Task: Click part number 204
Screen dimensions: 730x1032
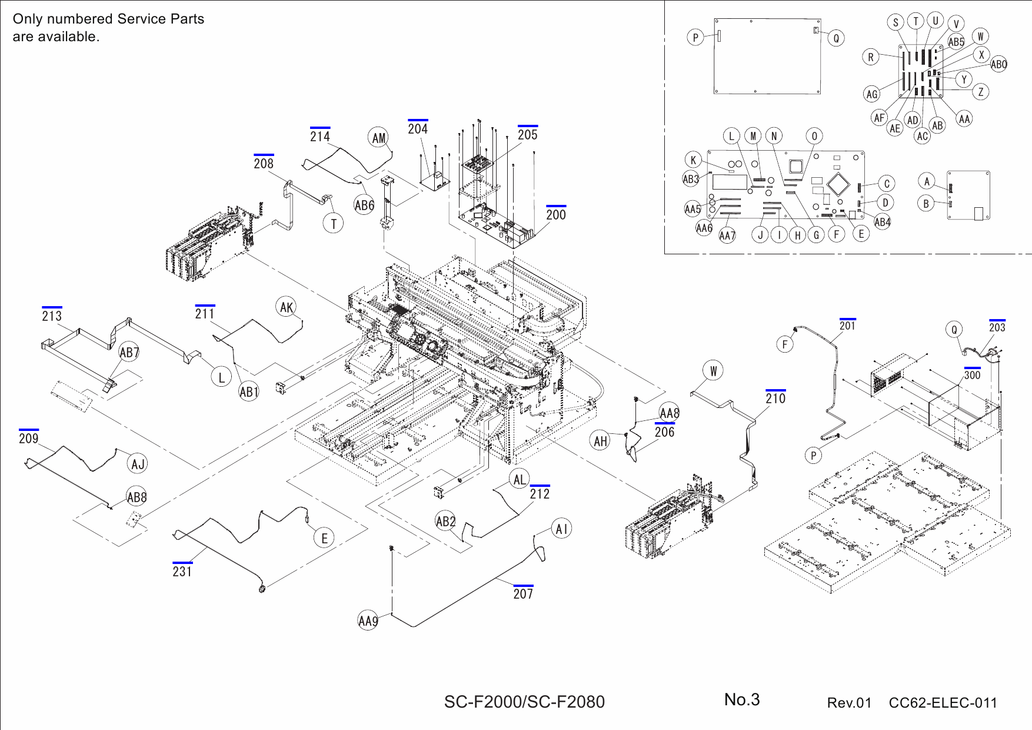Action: pyautogui.click(x=418, y=129)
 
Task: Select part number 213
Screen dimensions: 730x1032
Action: pyautogui.click(x=52, y=316)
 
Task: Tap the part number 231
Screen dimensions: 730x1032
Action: pyautogui.click(x=182, y=571)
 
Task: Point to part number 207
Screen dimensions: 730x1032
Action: pyautogui.click(x=523, y=594)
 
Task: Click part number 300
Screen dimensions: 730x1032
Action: pyautogui.click(x=972, y=375)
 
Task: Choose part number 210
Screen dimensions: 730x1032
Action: pyautogui.click(x=775, y=399)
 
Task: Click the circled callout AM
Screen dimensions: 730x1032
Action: pyautogui.click(x=379, y=138)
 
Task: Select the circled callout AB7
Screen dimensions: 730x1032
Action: pyautogui.click(x=129, y=353)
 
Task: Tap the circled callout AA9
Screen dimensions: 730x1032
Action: pyautogui.click(x=368, y=620)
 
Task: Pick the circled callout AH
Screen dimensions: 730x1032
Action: pyautogui.click(x=600, y=441)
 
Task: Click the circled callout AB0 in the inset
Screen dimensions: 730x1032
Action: pyautogui.click(x=998, y=65)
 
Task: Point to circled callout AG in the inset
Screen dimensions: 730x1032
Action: pyautogui.click(x=872, y=94)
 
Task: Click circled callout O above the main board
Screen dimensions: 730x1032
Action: pyautogui.click(x=814, y=137)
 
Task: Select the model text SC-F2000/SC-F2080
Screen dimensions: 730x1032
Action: pyautogui.click(x=524, y=702)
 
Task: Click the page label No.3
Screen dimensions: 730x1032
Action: pyautogui.click(x=742, y=699)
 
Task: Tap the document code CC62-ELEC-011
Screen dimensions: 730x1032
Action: pyautogui.click(x=943, y=703)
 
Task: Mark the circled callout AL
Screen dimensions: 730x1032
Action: pyautogui.click(x=520, y=479)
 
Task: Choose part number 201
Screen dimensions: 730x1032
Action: pyautogui.click(x=847, y=326)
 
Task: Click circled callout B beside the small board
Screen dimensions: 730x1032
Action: pyautogui.click(x=926, y=204)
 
